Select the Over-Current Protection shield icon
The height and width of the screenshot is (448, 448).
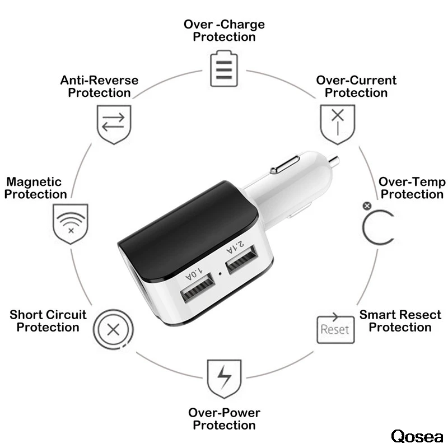pyautogui.click(x=337, y=123)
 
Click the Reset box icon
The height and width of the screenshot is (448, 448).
pyautogui.click(x=334, y=328)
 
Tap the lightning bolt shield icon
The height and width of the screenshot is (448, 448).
pyautogui.click(x=224, y=379)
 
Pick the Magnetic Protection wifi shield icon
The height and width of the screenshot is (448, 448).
pyautogui.click(x=70, y=223)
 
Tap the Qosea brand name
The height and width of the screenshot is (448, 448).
pyautogui.click(x=417, y=436)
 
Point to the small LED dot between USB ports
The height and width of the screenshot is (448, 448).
pyautogui.click(x=222, y=274)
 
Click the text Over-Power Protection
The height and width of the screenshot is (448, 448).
pyautogui.click(x=224, y=419)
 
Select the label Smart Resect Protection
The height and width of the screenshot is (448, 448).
pyautogui.click(x=400, y=321)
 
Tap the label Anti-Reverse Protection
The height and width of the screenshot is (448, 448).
pyautogui.click(x=99, y=86)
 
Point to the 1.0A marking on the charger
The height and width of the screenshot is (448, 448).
pyautogui.click(x=193, y=274)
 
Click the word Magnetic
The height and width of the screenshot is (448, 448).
pyautogui.click(x=34, y=182)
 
